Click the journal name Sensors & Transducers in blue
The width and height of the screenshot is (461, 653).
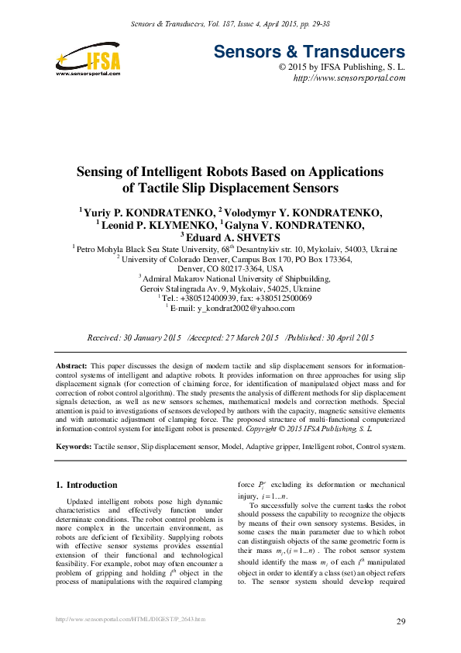pyautogui.click(x=308, y=53)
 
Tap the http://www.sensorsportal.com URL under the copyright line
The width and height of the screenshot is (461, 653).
pyautogui.click(x=349, y=79)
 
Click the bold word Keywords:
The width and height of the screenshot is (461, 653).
pyautogui.click(x=75, y=447)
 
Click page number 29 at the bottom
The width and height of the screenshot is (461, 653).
pyautogui.click(x=401, y=622)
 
